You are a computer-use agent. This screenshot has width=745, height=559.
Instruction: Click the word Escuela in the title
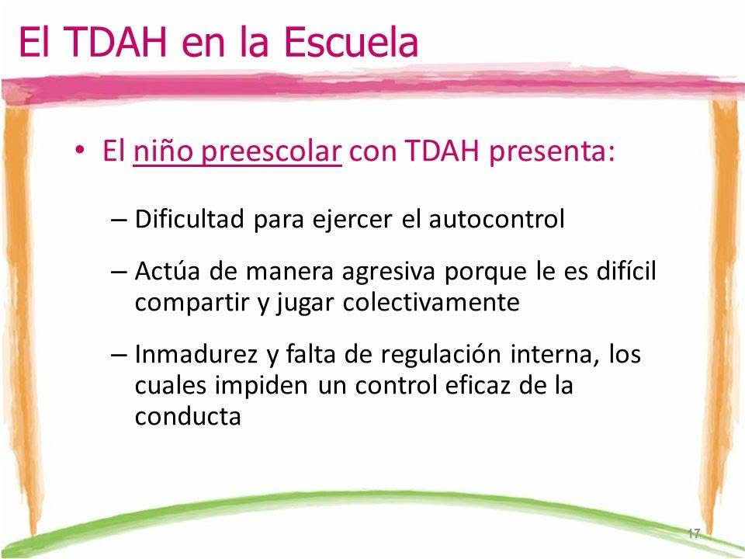pos(351,42)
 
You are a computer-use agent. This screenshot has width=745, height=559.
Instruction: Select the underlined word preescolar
pos(271,153)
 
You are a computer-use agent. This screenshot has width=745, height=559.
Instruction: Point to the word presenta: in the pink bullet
pos(552,153)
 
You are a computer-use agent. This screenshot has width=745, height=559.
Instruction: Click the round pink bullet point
pos(80,150)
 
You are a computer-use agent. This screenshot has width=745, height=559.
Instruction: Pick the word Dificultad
pos(189,219)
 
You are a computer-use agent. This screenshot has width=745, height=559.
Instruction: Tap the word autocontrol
pos(497,219)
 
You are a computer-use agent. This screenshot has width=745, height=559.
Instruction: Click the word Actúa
pos(167,271)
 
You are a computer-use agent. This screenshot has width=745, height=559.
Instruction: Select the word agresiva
pos(388,272)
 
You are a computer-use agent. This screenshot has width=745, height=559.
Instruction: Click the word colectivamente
pos(431,302)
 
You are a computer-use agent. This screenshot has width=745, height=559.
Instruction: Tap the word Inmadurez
pos(196,354)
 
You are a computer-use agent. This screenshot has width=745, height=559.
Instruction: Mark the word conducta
pos(188,416)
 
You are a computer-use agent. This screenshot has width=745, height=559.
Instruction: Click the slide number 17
pos(694,533)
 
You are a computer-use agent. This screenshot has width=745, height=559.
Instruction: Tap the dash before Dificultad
pos(118,220)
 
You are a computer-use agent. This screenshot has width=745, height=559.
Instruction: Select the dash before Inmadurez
pos(118,355)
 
